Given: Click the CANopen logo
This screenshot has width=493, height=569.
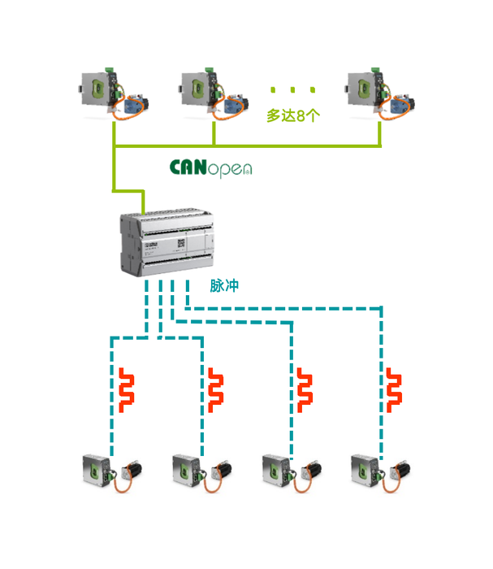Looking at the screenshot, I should pyautogui.click(x=210, y=167).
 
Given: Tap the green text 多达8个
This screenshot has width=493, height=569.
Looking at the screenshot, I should pyautogui.click(x=293, y=115).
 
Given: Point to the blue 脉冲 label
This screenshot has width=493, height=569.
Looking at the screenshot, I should pyautogui.click(x=224, y=286).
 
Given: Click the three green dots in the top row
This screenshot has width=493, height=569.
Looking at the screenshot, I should pyautogui.click(x=293, y=89).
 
